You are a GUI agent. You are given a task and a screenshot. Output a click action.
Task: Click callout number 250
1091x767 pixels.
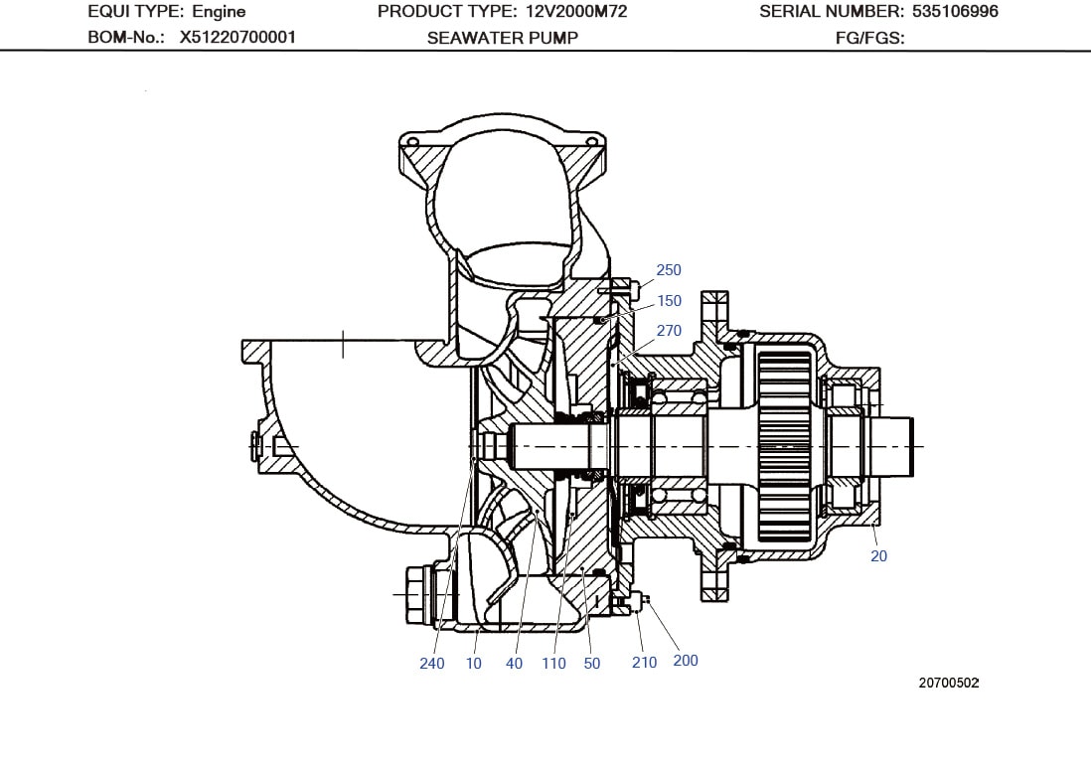point(669,270)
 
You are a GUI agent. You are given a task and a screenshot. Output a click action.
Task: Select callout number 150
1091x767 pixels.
point(669,301)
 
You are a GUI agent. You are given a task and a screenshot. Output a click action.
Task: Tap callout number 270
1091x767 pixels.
point(669,331)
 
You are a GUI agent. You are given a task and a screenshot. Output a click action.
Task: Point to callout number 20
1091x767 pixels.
point(878,556)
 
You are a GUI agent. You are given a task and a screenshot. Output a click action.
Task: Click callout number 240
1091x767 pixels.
point(432,664)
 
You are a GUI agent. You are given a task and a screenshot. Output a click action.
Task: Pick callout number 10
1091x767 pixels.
point(474,664)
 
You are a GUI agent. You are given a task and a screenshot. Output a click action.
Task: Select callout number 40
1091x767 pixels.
point(514,664)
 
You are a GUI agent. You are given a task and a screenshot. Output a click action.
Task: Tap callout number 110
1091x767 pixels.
point(553,664)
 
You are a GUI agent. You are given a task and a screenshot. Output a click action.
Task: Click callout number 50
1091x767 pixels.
point(592,664)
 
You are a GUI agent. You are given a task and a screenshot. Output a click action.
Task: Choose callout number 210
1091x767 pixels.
point(644,663)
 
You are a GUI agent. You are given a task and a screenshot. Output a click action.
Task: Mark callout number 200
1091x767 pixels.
point(686,661)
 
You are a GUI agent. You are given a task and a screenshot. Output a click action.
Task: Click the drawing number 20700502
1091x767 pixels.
point(949,684)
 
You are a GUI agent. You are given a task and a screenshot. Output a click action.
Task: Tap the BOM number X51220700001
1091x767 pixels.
point(237,38)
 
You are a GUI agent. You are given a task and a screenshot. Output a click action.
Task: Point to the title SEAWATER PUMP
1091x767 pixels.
point(503,38)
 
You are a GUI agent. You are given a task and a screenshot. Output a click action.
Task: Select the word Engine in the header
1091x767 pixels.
point(219,12)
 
